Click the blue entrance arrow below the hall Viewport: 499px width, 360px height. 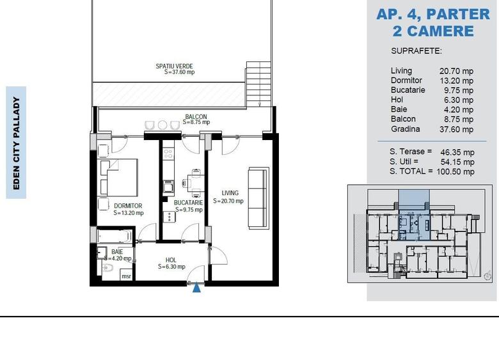pyautogui.click(x=197, y=288)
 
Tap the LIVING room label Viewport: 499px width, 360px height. pyautogui.click(x=230, y=193)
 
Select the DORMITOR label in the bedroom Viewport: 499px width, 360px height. pyautogui.click(x=128, y=206)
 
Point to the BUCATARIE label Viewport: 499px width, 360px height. pyautogui.click(x=188, y=203)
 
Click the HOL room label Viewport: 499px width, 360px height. pyautogui.click(x=171, y=260)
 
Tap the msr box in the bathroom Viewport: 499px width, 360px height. pyautogui.click(x=126, y=276)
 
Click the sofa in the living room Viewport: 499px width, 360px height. pyautogui.click(x=258, y=198)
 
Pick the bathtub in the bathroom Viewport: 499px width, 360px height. pyautogui.click(x=115, y=237)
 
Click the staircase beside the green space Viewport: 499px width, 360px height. pyautogui.click(x=258, y=84)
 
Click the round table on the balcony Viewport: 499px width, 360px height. pyautogui.click(x=162, y=125)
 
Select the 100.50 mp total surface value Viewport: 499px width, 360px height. pyautogui.click(x=455, y=172)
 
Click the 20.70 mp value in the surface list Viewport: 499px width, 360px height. pyautogui.click(x=456, y=71)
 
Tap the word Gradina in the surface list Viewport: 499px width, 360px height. pyautogui.click(x=406, y=129)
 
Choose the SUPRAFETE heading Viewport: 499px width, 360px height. pyautogui.click(x=416, y=51)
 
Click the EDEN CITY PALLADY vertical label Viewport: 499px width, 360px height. pyautogui.click(x=16, y=143)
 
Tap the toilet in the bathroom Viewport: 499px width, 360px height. pyautogui.click(x=107, y=268)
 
